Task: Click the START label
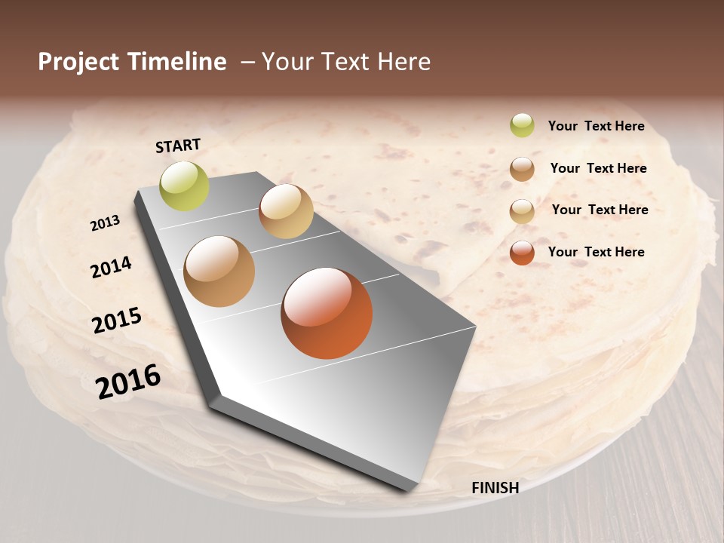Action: point(178,146)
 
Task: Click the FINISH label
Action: point(495,488)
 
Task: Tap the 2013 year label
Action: point(105,222)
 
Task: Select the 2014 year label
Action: point(111,267)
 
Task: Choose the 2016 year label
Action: point(128,381)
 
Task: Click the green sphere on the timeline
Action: point(185,186)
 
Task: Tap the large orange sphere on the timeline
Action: point(327,313)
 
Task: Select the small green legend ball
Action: point(522,125)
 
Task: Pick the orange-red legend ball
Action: point(522,252)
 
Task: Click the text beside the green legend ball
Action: point(596,126)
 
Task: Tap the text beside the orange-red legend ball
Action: point(596,252)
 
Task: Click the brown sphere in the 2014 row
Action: point(219,271)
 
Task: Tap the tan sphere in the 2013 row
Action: point(286,211)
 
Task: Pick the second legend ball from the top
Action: point(522,168)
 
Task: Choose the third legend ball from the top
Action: point(522,210)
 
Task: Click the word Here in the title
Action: point(405,62)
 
